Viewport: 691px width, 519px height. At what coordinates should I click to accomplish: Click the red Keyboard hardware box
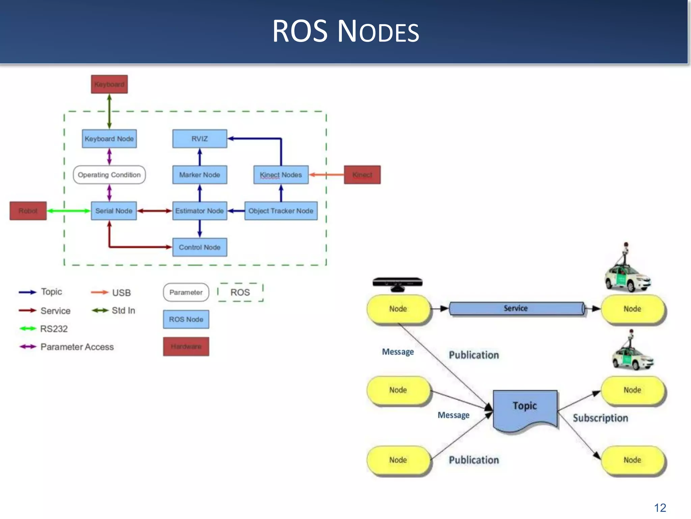coord(109,84)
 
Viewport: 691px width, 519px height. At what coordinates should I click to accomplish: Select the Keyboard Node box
coord(109,139)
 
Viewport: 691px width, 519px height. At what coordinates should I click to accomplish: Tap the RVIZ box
coord(199,139)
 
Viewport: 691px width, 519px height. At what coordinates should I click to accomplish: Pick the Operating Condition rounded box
coord(109,175)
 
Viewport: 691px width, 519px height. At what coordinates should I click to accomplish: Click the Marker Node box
coord(199,175)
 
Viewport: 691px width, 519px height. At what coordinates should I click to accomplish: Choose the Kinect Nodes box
coord(281,175)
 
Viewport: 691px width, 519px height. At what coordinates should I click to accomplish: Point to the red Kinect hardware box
coord(362,175)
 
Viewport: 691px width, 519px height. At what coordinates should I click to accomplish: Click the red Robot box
coord(28,211)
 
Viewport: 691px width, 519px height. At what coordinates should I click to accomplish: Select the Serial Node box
coord(114,211)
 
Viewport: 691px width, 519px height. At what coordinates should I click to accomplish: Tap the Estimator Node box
coord(199,211)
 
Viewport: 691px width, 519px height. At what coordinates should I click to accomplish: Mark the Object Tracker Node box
coord(281,211)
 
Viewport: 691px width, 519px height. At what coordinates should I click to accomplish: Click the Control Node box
coord(199,247)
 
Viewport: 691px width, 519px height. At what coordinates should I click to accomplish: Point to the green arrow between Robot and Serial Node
coord(69,211)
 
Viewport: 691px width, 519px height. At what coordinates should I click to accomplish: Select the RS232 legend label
coord(54,329)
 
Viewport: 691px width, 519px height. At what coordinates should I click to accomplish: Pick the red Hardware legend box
coord(186,346)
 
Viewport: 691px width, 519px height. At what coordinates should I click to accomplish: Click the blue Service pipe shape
coord(516,308)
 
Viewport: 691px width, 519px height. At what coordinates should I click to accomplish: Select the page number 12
coord(660,508)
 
